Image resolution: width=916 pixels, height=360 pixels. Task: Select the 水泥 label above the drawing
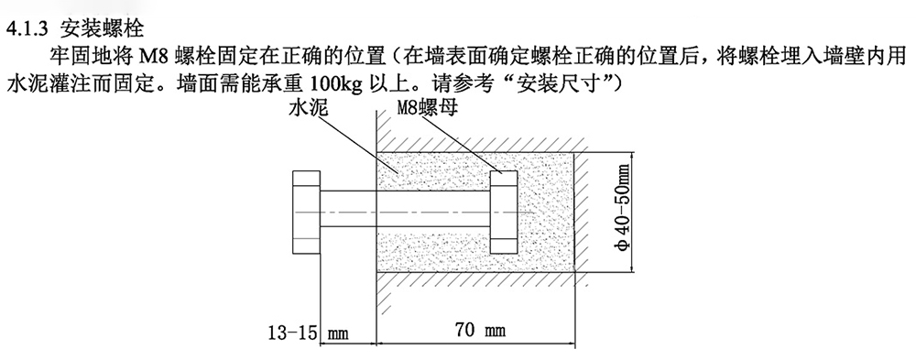coord(310,108)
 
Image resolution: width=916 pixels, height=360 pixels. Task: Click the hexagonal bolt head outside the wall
coord(305,213)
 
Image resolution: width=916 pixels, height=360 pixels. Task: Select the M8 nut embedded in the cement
coord(503,213)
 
